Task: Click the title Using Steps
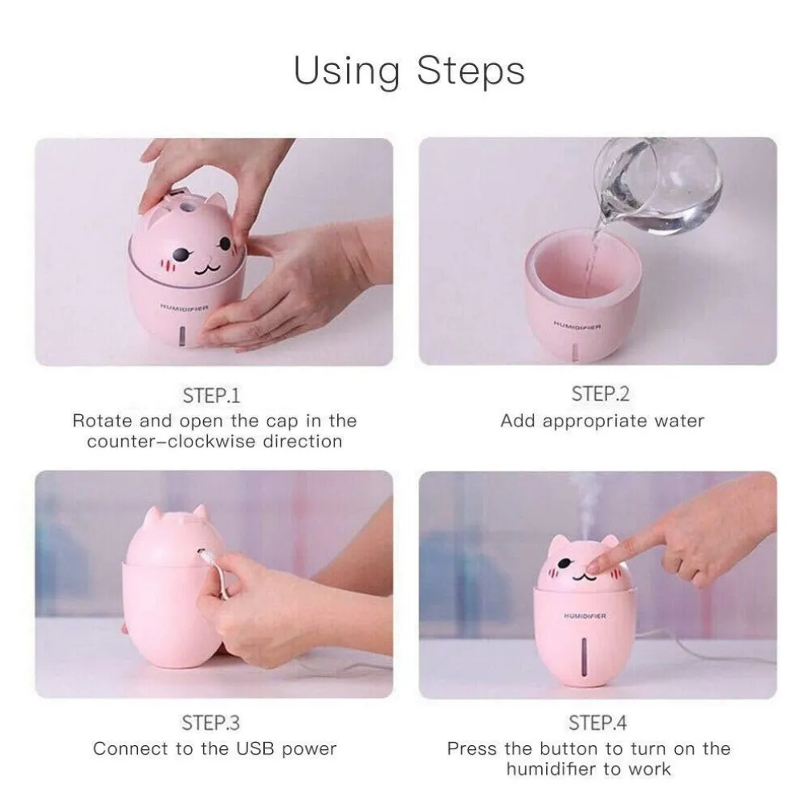point(409,71)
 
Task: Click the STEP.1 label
point(211,395)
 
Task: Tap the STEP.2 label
point(600,393)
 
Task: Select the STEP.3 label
point(211,723)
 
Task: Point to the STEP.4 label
point(597,723)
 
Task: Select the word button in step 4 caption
point(567,748)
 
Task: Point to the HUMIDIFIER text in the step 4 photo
point(585,616)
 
